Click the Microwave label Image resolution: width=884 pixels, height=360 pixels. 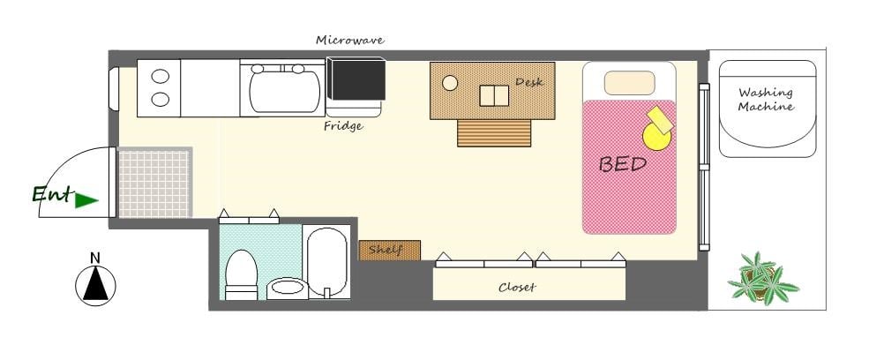349,40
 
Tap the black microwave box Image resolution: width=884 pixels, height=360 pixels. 356,79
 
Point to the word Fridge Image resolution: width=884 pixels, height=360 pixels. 343,126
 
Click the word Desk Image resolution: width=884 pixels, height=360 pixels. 528,82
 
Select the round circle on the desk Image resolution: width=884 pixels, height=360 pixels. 450,83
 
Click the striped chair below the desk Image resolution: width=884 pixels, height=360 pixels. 494,133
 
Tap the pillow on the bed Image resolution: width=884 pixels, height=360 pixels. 629,83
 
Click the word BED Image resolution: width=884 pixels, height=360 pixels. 622,164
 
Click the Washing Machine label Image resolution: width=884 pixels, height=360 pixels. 766,100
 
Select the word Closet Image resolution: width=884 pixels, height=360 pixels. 517,288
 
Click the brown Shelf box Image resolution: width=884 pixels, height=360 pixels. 390,250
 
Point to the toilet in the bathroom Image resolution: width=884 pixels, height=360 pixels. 242,274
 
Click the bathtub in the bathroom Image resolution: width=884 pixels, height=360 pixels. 327,262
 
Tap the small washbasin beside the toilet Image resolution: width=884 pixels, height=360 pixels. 287,288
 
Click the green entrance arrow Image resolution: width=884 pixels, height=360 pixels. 86,200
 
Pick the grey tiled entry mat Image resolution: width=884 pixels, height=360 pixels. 155,183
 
